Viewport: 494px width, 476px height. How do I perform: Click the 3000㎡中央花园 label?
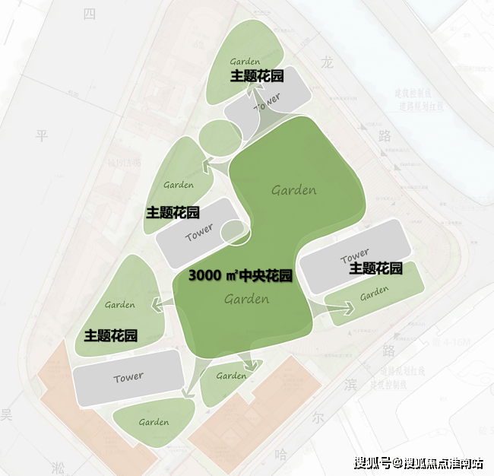click(x=240, y=275)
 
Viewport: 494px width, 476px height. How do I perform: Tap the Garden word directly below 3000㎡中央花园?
click(x=247, y=300)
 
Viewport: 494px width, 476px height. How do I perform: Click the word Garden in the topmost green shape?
click(x=245, y=61)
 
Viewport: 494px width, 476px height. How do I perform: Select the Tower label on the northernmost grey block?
click(x=268, y=102)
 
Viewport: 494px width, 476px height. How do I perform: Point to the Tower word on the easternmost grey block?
click(x=355, y=254)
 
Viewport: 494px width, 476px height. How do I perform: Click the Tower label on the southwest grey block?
click(x=128, y=377)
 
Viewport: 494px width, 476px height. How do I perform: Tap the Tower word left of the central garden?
click(x=199, y=233)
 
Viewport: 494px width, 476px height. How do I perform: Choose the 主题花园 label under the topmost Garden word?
click(x=258, y=76)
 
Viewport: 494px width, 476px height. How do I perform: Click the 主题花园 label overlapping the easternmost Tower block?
click(x=375, y=268)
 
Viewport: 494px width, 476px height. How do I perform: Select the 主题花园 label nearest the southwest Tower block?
click(x=110, y=335)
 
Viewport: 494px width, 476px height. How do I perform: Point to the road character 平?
click(x=42, y=135)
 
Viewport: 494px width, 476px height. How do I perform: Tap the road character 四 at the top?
click(x=90, y=14)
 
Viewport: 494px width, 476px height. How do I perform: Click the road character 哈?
click(x=281, y=455)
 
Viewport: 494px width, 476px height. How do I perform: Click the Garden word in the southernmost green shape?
click(x=154, y=422)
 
